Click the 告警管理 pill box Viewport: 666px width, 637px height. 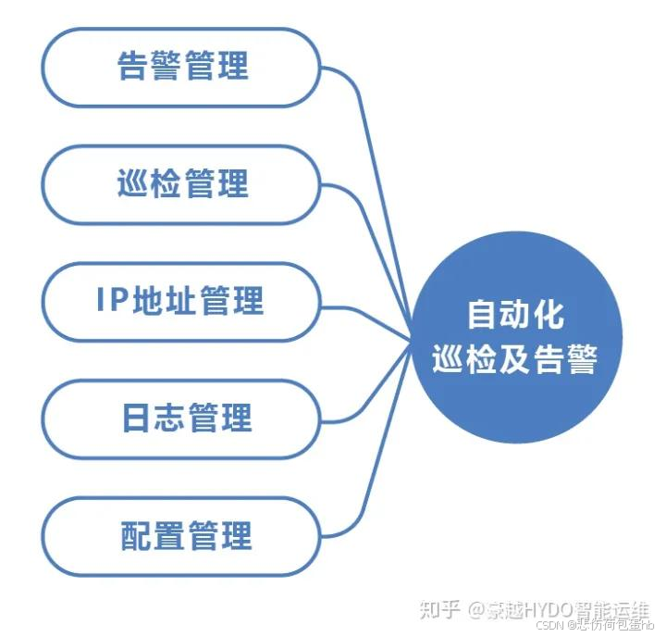tap(181, 68)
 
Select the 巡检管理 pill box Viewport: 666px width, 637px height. tap(181, 184)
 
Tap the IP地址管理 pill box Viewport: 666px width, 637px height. tap(181, 302)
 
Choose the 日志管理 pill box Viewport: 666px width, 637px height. tap(181, 418)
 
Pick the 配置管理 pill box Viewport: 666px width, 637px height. tap(181, 536)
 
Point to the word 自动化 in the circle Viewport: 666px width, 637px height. tap(514, 315)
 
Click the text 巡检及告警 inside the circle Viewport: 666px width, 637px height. tap(514, 359)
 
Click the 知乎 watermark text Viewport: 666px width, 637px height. tap(439, 610)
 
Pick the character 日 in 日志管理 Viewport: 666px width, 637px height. tap(137, 418)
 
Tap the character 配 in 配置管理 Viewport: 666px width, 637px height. tap(137, 536)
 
